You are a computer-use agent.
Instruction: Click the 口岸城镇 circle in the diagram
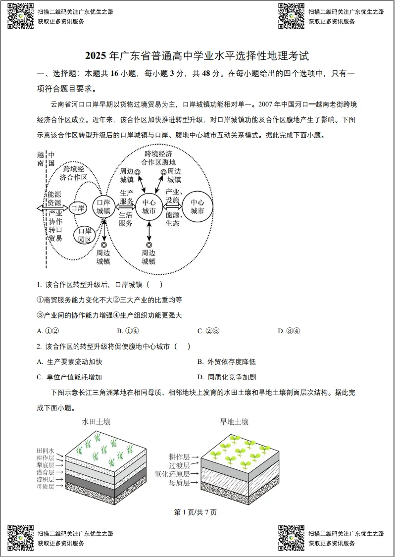(103, 207)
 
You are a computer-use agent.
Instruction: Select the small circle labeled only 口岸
(78, 208)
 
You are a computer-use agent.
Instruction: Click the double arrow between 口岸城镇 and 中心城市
(125, 208)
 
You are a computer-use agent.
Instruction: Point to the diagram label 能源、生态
(173, 219)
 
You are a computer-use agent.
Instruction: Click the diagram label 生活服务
(126, 219)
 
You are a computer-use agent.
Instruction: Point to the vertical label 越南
(41, 159)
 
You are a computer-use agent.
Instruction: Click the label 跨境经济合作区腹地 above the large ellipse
(158, 158)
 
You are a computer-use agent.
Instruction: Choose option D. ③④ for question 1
(289, 331)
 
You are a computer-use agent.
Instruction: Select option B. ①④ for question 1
(128, 331)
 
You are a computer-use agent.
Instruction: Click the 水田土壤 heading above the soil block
(96, 422)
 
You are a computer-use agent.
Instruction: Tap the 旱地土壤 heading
(234, 422)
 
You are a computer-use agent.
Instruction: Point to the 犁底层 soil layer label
(45, 465)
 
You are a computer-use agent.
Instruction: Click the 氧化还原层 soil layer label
(172, 474)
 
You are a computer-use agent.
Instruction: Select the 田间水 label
(45, 451)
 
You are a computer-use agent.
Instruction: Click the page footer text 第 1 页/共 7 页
(196, 512)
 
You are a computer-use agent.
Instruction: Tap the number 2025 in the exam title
(97, 56)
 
